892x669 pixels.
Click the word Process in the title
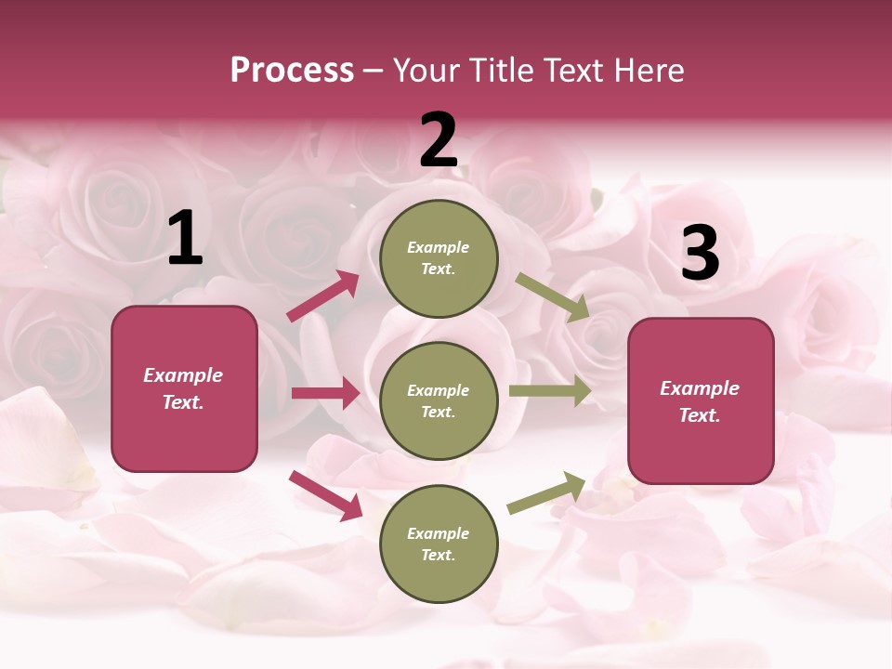point(292,71)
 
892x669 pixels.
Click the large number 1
point(185,240)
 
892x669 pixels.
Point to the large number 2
point(439,140)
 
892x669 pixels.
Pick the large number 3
point(700,253)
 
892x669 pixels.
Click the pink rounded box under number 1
point(184,388)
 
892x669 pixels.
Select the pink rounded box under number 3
point(701,401)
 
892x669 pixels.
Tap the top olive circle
point(439,257)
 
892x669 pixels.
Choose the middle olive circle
point(439,400)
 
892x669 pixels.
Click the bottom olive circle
point(439,544)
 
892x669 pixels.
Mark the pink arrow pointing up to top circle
point(323,296)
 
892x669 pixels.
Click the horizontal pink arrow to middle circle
point(325,393)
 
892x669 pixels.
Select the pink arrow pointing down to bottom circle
point(325,494)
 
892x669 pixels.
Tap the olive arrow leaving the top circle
point(553,297)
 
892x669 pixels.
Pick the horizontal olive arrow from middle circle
point(550,391)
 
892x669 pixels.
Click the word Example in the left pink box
point(183,375)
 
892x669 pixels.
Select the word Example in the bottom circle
point(439,533)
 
